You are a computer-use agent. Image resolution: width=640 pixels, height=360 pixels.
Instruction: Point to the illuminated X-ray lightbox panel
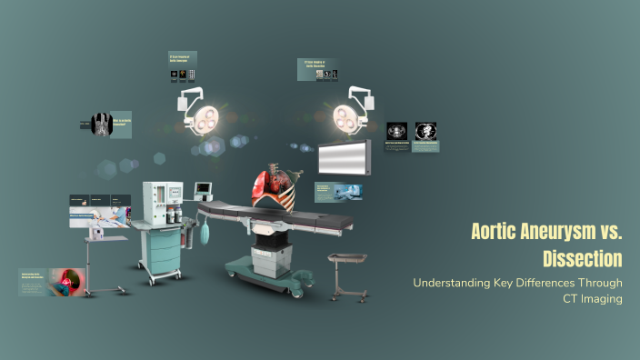pyautogui.click(x=343, y=157)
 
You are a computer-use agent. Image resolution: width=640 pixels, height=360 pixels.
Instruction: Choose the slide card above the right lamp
pyautogui.click(x=317, y=69)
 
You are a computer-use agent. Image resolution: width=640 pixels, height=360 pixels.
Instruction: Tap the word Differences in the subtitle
pyautogui.click(x=555, y=283)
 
